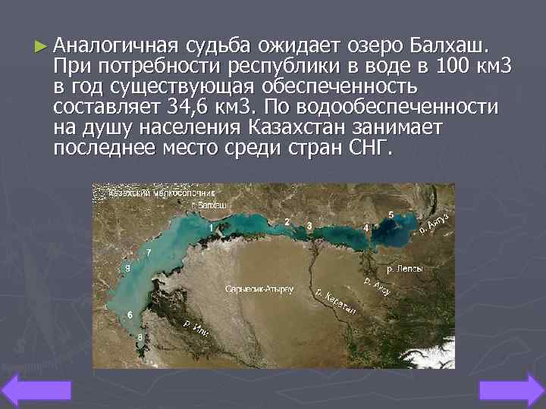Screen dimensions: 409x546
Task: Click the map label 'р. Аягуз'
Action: coord(434,224)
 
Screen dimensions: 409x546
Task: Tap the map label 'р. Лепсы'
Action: coord(405,267)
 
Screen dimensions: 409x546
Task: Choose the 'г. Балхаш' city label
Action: coord(210,204)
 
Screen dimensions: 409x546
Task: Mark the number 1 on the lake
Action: coord(210,227)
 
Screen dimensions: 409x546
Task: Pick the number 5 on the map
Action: coord(391,215)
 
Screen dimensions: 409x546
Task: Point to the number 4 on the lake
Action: coord(366,226)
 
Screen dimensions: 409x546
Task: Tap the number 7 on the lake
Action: coord(149,252)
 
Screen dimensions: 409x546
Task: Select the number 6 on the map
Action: coord(130,314)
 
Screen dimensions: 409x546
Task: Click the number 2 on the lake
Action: coord(287,221)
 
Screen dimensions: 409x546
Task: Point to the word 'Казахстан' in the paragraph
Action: coord(287,125)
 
